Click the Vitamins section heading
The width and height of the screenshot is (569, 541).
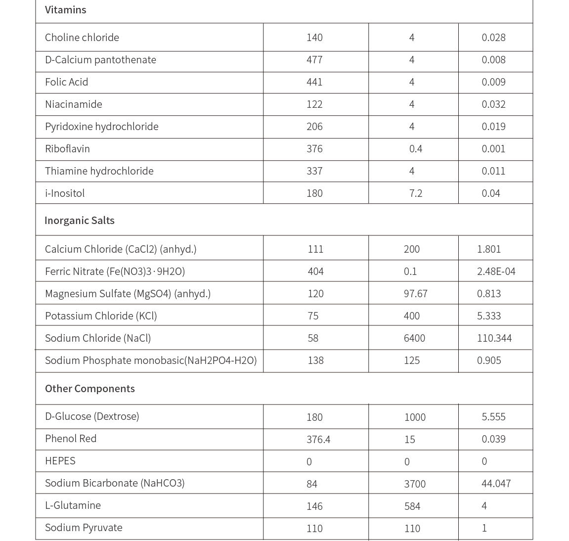pos(65,10)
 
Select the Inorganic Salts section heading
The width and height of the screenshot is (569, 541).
pos(79,221)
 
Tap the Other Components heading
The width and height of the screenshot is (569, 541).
pos(89,389)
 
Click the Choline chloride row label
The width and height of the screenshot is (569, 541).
pos(82,38)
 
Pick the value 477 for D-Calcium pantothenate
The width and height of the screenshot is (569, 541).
pos(314,60)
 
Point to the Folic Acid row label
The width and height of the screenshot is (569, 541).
pos(66,82)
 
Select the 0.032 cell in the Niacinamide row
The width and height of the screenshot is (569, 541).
pos(493,104)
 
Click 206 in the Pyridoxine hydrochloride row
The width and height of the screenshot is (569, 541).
pos(314,127)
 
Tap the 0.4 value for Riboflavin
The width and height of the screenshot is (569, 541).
pos(415,149)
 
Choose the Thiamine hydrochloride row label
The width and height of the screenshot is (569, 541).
pos(99,171)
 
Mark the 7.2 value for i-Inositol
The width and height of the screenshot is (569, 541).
pos(415,193)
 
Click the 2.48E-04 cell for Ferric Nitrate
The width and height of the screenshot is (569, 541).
pos(496,271)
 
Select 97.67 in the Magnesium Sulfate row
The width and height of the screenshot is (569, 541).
pos(415,294)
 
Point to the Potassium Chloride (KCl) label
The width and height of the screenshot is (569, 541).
pos(101,316)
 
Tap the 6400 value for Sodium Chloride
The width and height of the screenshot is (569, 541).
pos(414,338)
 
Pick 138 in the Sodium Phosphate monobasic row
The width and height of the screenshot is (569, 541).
pos(315,361)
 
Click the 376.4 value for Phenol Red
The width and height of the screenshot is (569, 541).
pos(318,439)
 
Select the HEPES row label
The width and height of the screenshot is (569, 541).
pos(60,461)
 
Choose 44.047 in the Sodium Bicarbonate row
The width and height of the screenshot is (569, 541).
pos(496,484)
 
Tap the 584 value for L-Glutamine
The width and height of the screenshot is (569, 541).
pos(412,506)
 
